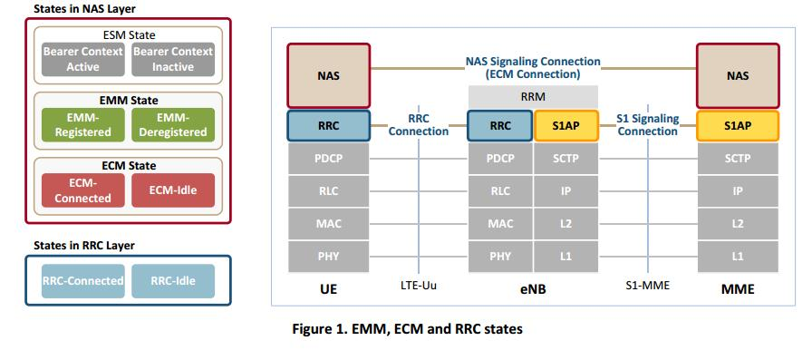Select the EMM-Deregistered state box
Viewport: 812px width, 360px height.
(172, 125)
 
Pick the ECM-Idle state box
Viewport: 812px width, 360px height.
(172, 190)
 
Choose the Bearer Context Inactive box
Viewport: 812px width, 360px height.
(172, 59)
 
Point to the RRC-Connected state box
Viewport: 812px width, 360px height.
(83, 280)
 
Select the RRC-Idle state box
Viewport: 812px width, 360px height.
(172, 280)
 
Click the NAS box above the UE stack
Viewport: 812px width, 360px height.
(328, 76)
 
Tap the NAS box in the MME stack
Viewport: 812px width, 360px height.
(737, 76)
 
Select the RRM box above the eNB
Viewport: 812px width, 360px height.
(533, 96)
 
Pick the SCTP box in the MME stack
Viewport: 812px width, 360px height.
(737, 159)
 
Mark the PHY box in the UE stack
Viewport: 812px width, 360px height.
(328, 256)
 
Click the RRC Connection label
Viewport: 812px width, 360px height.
(418, 125)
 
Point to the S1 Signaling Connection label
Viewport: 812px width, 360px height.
(647, 125)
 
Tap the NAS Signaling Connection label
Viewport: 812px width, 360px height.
(533, 67)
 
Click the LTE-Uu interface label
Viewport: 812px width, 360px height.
(419, 287)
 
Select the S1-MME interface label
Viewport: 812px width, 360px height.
(647, 287)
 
